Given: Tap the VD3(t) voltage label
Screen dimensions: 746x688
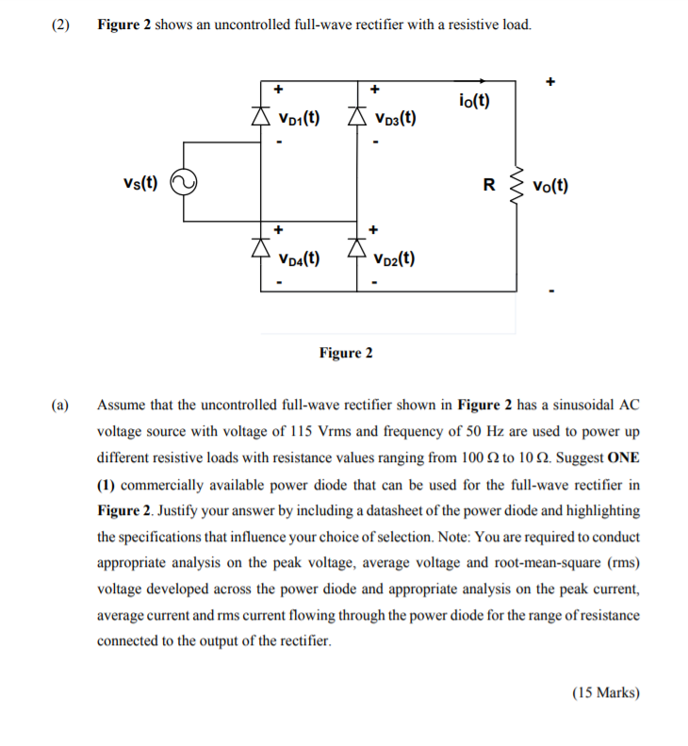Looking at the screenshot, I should click(396, 120).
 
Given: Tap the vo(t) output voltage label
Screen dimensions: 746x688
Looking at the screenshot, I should click(549, 186).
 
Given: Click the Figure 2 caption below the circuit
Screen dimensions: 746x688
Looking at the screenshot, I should click(346, 353).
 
